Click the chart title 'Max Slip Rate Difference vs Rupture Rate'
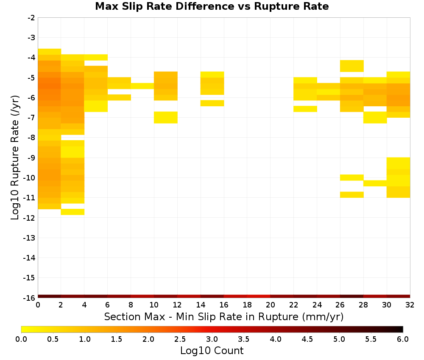tap(212, 6)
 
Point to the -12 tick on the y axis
tap(29, 218)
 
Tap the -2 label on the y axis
tap(31, 18)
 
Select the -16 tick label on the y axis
tap(29, 298)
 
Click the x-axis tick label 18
tap(247, 305)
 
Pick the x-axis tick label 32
tap(410, 305)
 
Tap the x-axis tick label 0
tap(38, 305)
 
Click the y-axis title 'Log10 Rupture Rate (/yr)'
tap(15, 158)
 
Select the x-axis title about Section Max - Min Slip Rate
tap(224, 316)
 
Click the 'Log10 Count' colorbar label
tap(212, 351)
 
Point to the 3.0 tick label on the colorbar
tap(212, 339)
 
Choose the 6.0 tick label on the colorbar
tap(403, 339)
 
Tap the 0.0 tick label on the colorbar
tap(21, 339)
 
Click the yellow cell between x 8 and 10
tap(142, 86)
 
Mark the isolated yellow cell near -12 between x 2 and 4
tap(73, 212)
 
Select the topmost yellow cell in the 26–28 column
tap(352, 66)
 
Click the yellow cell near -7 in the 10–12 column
tap(166, 117)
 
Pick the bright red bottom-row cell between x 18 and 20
tap(259, 296)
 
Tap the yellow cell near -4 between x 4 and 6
tap(96, 57)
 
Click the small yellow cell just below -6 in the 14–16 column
tap(212, 103)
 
